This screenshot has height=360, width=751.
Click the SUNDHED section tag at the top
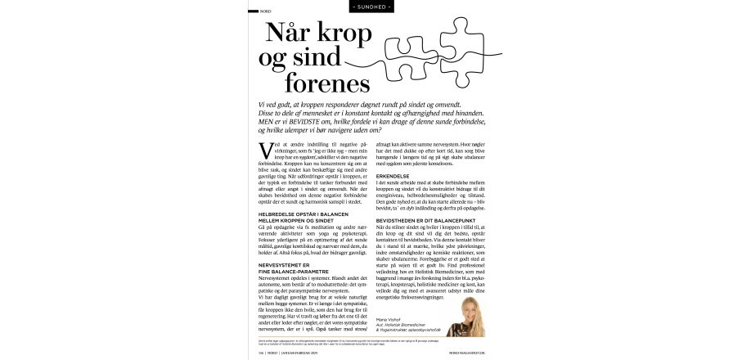coord(375,7)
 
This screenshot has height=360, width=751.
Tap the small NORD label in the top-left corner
coord(265,11)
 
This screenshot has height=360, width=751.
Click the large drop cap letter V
coord(264,151)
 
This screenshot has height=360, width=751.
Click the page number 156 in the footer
coord(263,353)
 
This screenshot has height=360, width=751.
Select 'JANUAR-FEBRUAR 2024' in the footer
coord(302,353)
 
